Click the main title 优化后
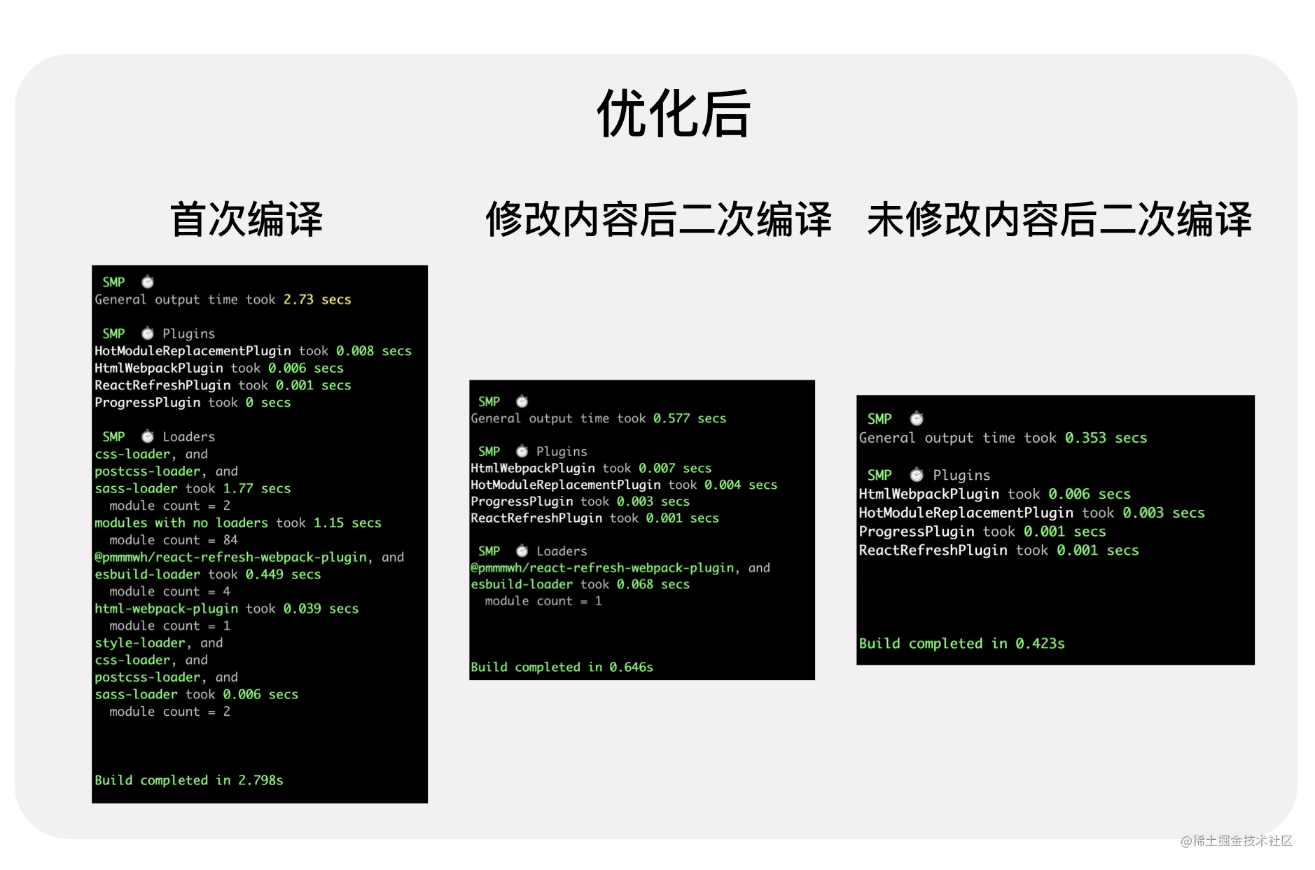pyautogui.click(x=673, y=113)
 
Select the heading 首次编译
pyautogui.click(x=246, y=219)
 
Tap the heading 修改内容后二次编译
pyautogui.click(x=658, y=219)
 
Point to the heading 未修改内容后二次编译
pyautogui.click(x=1059, y=219)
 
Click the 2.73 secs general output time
pyautogui.click(x=316, y=300)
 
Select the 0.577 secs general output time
pyautogui.click(x=689, y=418)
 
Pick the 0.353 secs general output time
pyautogui.click(x=1106, y=438)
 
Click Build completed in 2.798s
pyautogui.click(x=189, y=780)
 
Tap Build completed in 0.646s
pyautogui.click(x=562, y=667)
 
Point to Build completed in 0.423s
pyautogui.click(x=961, y=644)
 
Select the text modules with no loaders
pyautogui.click(x=181, y=523)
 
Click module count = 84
pyautogui.click(x=174, y=540)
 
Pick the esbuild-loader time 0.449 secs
pyautogui.click(x=283, y=574)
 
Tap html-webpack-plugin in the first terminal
pyautogui.click(x=166, y=609)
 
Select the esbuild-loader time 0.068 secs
pyautogui.click(x=653, y=584)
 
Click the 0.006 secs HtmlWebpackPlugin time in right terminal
pyautogui.click(x=1089, y=494)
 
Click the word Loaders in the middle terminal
pyautogui.click(x=562, y=551)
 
